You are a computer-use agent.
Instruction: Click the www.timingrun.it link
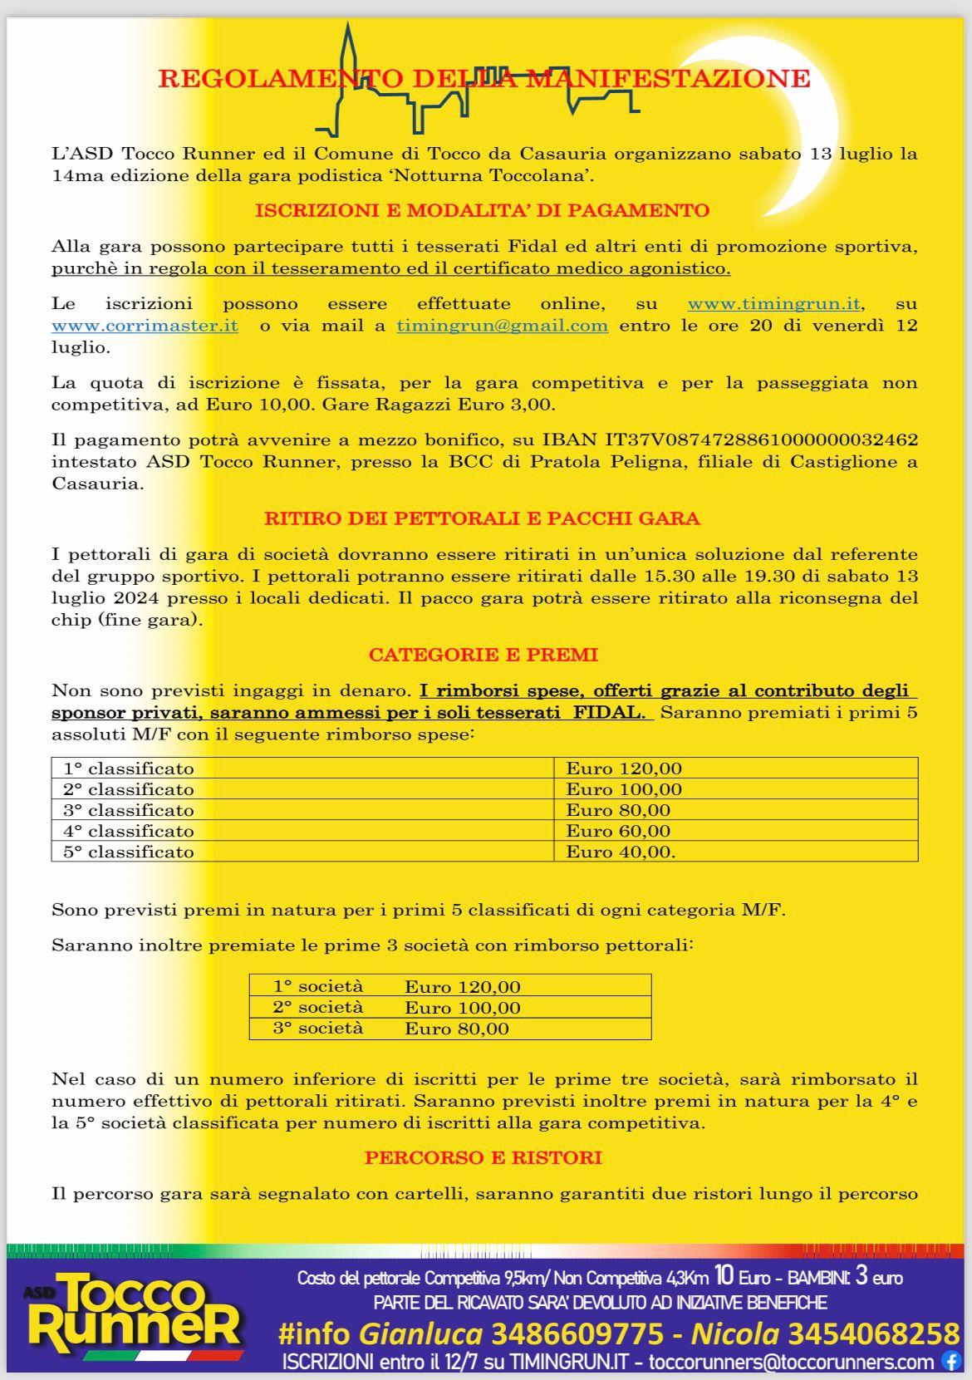pos(773,304)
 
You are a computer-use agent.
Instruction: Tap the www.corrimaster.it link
pos(145,326)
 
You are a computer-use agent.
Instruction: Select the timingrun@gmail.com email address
pos(502,326)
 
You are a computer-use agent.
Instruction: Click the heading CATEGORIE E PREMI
pos(484,655)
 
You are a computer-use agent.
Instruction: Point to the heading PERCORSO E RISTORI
pos(484,1158)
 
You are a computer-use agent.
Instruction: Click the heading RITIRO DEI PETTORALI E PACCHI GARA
pos(482,519)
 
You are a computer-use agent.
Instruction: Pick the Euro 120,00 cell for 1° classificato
pos(624,769)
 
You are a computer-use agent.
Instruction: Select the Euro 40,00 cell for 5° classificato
pos(621,852)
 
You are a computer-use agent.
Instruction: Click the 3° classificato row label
pos(129,810)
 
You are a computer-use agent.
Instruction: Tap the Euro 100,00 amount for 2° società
pos(463,1008)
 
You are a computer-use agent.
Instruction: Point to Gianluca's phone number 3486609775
pos(577,1334)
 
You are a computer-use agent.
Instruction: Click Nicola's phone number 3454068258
pos(873,1334)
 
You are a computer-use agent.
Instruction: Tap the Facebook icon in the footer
pos(950,1362)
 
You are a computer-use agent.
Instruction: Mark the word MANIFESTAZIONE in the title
pos(669,79)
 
